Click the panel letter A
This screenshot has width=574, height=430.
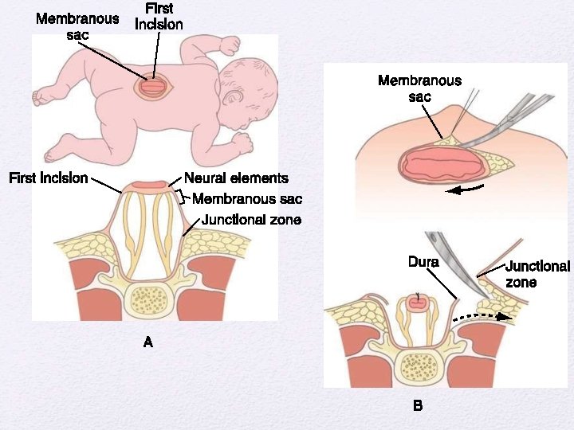(147, 342)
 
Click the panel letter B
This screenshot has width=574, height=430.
(417, 406)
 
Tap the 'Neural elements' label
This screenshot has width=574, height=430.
(236, 178)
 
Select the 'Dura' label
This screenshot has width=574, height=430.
(423, 261)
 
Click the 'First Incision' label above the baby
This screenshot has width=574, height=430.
(159, 17)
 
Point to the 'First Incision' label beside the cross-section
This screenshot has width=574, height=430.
(48, 178)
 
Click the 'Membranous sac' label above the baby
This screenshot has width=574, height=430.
(77, 26)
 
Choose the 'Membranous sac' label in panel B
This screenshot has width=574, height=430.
(419, 88)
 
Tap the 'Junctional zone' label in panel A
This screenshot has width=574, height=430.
(251, 220)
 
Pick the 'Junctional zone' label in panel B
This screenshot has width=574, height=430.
(537, 274)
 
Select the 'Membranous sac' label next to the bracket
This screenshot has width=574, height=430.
(247, 199)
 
